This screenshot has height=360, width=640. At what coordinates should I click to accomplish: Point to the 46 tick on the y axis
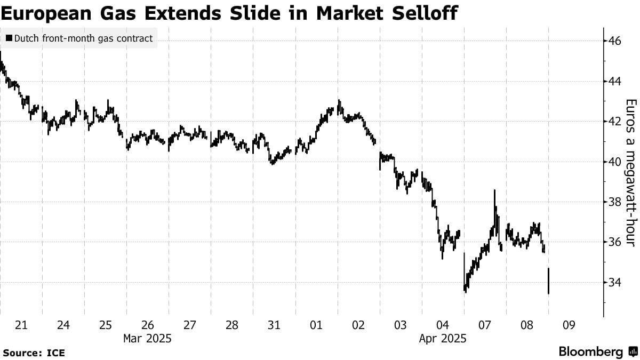pyautogui.click(x=614, y=41)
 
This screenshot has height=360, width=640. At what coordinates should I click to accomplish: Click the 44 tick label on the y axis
pyautogui.click(x=614, y=81)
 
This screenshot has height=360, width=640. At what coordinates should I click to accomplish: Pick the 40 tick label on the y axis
pyautogui.click(x=614, y=162)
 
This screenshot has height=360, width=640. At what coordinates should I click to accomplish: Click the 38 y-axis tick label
pyautogui.click(x=614, y=202)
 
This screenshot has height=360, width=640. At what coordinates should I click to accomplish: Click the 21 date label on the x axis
pyautogui.click(x=21, y=325)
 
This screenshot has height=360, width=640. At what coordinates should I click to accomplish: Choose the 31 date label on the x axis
pyautogui.click(x=274, y=325)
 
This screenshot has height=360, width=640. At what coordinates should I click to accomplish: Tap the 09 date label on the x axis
pyautogui.click(x=570, y=325)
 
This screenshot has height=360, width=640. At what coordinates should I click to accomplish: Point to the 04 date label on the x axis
pyautogui.click(x=443, y=325)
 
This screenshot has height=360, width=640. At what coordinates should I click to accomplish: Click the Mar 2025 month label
pyautogui.click(x=147, y=338)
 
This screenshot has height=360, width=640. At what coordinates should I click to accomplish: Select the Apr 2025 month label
pyautogui.click(x=443, y=338)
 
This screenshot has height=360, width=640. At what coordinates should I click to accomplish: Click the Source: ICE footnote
pyautogui.click(x=34, y=353)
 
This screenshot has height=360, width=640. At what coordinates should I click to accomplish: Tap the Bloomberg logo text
pyautogui.click(x=591, y=352)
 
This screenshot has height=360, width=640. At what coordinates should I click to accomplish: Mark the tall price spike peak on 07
pyautogui.click(x=494, y=191)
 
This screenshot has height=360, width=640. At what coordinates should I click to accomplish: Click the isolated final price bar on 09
pyautogui.click(x=549, y=281)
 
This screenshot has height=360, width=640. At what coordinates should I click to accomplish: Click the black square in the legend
pyautogui.click(x=10, y=38)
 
